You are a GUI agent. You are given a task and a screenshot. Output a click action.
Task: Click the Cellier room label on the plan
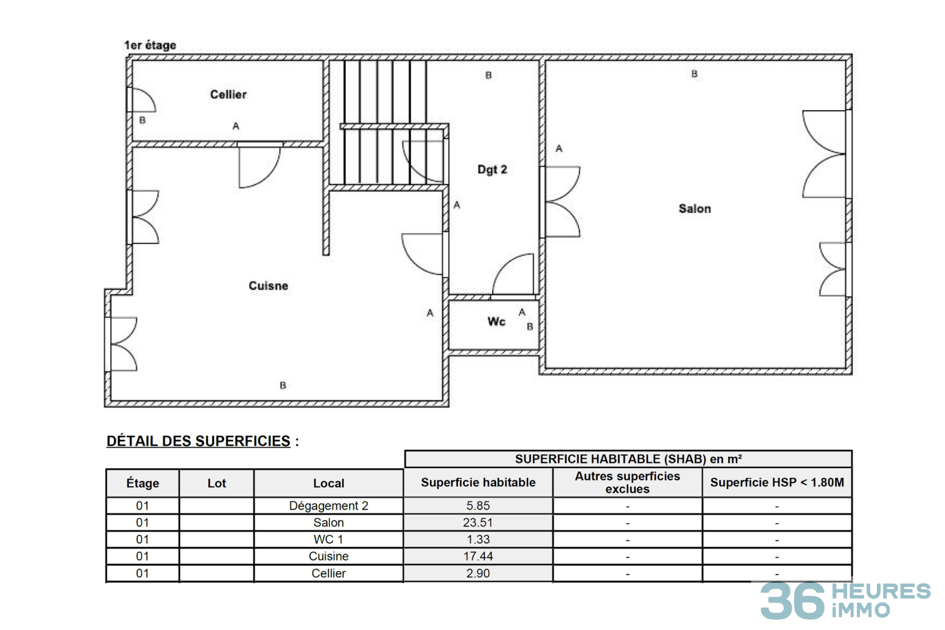(228, 94)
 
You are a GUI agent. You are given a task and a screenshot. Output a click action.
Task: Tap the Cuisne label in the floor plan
(268, 286)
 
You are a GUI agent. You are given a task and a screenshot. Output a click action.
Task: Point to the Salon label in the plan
(694, 209)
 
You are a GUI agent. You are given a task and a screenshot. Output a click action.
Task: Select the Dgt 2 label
(492, 170)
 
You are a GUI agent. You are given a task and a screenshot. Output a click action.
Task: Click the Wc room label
(496, 322)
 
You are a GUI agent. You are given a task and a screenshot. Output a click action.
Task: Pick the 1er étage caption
(150, 45)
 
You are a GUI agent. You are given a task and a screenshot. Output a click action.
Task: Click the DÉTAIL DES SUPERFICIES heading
(198, 441)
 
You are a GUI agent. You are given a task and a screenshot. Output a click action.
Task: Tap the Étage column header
(143, 483)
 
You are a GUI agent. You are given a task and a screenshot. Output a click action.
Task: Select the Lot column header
(217, 483)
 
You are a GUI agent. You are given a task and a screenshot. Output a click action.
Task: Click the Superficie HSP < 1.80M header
(777, 482)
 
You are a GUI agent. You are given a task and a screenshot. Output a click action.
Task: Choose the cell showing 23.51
(478, 523)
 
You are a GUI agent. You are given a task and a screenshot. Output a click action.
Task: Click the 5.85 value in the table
(478, 505)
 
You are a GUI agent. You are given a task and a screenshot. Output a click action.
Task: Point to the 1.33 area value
(478, 539)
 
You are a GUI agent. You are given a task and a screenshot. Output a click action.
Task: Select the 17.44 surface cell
(478, 556)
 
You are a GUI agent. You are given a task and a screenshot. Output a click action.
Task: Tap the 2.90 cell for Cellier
(478, 573)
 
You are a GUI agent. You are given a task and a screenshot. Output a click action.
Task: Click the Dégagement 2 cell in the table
(328, 506)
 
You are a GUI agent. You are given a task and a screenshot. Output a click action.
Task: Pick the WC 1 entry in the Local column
(328, 539)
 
